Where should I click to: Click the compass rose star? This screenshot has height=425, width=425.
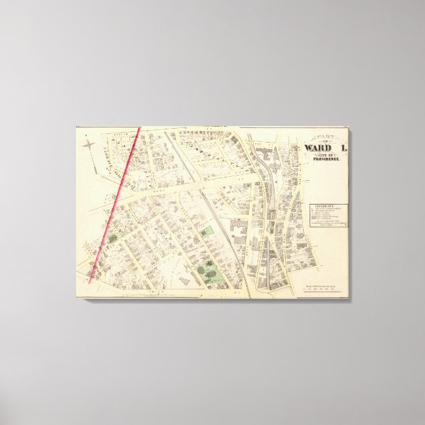pyautogui.click(x=89, y=141)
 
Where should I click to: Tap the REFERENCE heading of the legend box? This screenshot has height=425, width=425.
pyautogui.click(x=324, y=206)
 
